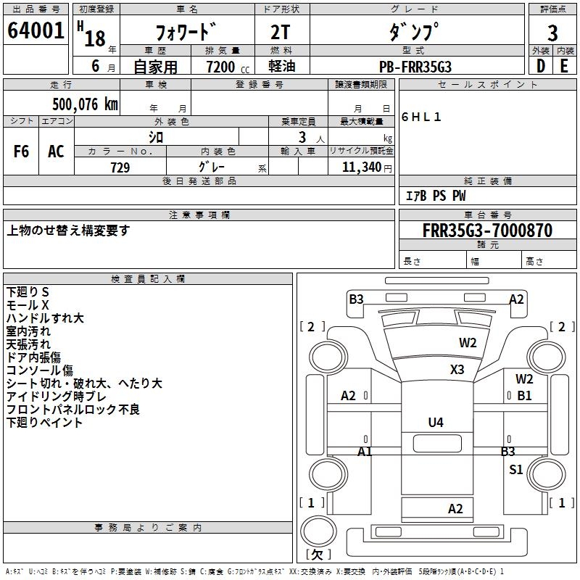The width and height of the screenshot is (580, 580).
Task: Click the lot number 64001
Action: (36, 30)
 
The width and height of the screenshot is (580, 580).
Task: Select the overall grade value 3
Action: (552, 33)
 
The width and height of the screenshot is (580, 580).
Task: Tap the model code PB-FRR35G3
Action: (416, 67)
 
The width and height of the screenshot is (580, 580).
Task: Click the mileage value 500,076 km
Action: (85, 104)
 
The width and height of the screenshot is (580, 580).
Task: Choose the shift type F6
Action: (22, 152)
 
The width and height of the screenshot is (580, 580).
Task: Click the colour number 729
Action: (120, 167)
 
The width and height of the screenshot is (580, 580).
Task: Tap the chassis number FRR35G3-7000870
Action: (487, 231)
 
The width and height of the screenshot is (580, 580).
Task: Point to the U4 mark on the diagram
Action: (435, 423)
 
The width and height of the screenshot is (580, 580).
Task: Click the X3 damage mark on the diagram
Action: (457, 369)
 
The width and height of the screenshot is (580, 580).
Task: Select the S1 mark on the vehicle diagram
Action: (515, 469)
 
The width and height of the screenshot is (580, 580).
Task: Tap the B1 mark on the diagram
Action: (524, 396)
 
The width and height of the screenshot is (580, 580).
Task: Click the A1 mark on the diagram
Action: (365, 451)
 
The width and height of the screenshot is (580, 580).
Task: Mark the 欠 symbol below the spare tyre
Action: (317, 554)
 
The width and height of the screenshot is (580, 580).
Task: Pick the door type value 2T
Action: (282, 33)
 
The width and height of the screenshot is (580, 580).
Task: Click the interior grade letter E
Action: (564, 66)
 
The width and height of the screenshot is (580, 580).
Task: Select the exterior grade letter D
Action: (540, 66)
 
